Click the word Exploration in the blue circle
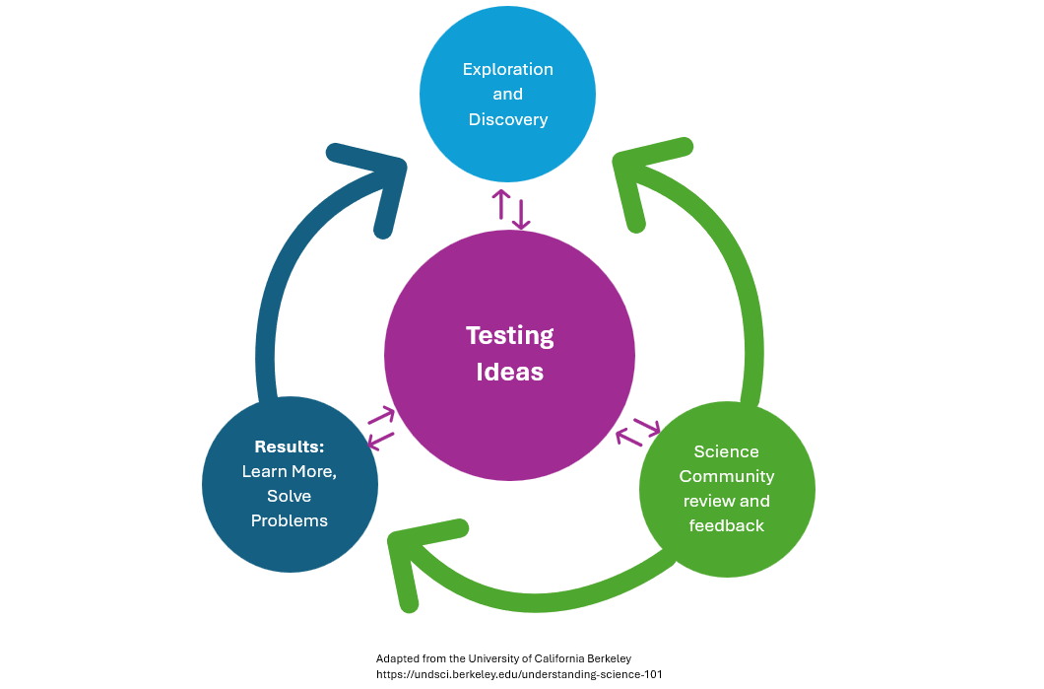[507, 70]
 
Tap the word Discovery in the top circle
[507, 119]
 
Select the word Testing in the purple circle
[509, 335]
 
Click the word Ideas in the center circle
[509, 372]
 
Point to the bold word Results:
[289, 447]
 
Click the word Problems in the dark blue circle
[289, 520]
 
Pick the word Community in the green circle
[727, 476]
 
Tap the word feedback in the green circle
[727, 525]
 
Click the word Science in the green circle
[727, 451]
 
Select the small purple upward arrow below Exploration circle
[500, 203]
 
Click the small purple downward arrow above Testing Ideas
[521, 216]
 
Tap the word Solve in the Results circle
[289, 496]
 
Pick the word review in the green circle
[707, 501]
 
